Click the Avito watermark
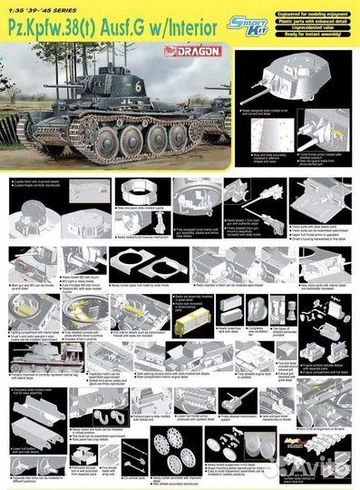322,468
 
